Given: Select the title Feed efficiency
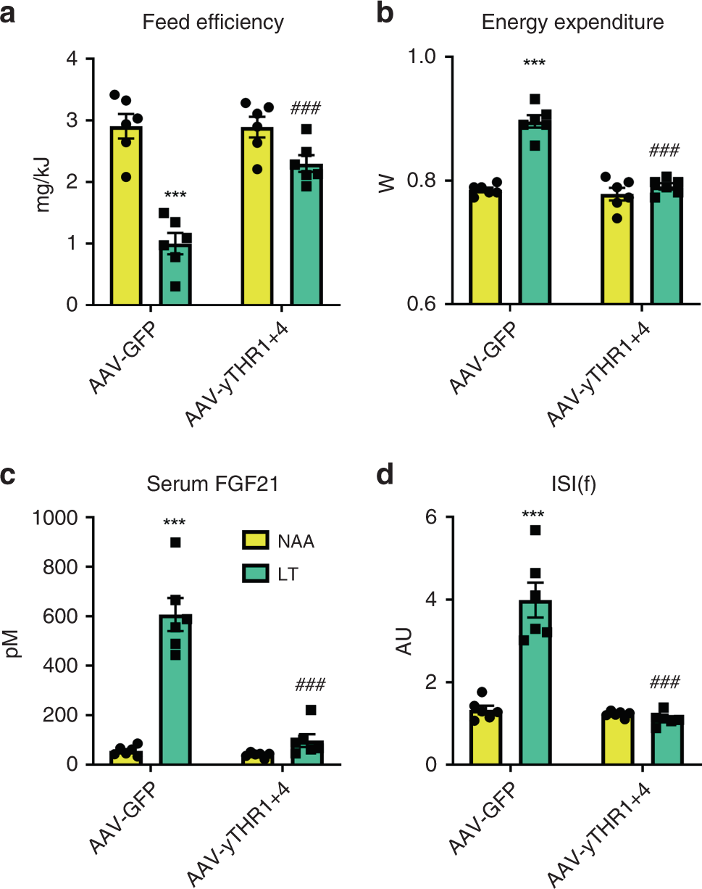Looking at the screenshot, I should (x=212, y=22).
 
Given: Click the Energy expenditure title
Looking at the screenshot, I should (x=572, y=22).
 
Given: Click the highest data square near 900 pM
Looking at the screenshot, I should (x=175, y=542).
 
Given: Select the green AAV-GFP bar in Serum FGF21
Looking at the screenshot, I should (x=175, y=689).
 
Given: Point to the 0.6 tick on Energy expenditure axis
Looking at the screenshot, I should (x=425, y=305).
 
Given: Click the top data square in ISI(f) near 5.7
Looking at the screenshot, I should (x=535, y=530).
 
